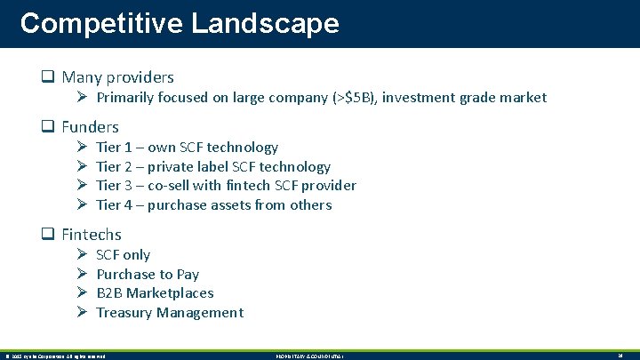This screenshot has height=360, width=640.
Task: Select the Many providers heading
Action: (117, 77)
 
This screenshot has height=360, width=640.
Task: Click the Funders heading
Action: (90, 127)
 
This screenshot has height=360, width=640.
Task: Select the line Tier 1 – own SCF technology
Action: (187, 148)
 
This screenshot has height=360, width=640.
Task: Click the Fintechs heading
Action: (92, 235)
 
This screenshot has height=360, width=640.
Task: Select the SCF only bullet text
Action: (123, 255)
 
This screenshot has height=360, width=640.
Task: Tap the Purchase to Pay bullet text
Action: (148, 275)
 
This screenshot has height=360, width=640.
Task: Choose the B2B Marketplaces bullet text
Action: (155, 293)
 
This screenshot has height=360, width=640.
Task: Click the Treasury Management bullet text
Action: (169, 313)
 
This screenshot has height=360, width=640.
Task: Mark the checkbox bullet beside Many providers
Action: (50, 77)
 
